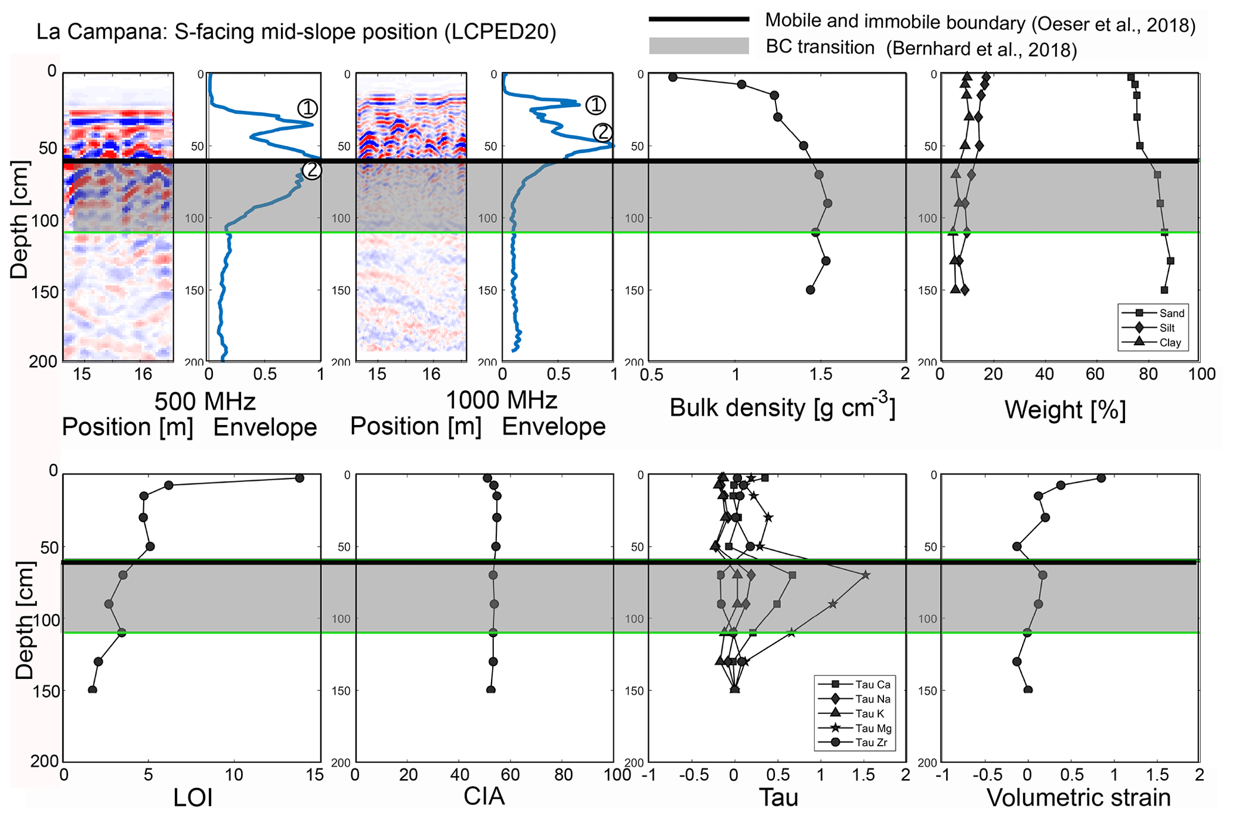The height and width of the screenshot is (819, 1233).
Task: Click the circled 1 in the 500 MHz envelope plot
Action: [307, 108]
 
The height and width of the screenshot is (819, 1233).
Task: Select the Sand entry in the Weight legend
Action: [1171, 314]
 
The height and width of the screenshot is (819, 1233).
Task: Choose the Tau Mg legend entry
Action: [873, 728]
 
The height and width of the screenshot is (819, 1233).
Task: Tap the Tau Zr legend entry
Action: [872, 743]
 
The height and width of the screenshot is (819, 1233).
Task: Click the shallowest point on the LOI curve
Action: [299, 478]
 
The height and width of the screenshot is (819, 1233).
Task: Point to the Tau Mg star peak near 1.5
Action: [866, 575]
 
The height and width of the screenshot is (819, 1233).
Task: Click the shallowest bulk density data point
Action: [673, 77]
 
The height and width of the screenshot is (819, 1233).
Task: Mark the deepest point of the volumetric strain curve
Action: [1028, 690]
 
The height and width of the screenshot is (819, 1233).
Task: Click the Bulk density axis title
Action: [782, 408]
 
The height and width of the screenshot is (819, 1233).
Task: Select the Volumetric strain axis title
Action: [1079, 798]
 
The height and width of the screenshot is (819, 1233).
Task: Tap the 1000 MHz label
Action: [501, 400]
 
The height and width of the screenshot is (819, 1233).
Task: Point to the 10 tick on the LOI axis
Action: [234, 775]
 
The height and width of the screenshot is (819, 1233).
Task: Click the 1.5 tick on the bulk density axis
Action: [820, 374]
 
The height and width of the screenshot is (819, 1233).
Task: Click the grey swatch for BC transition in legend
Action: [699, 46]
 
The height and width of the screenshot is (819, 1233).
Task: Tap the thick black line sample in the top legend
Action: [699, 20]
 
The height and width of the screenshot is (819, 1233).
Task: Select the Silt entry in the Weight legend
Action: [1167, 328]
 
